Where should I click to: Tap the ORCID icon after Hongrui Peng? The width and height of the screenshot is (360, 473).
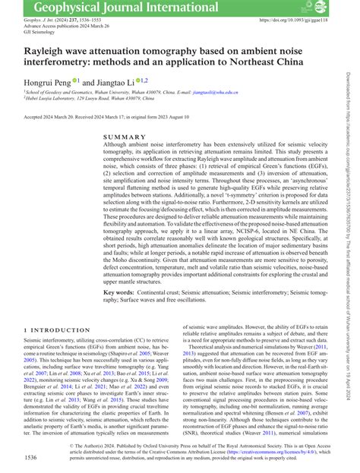click(75, 80)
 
